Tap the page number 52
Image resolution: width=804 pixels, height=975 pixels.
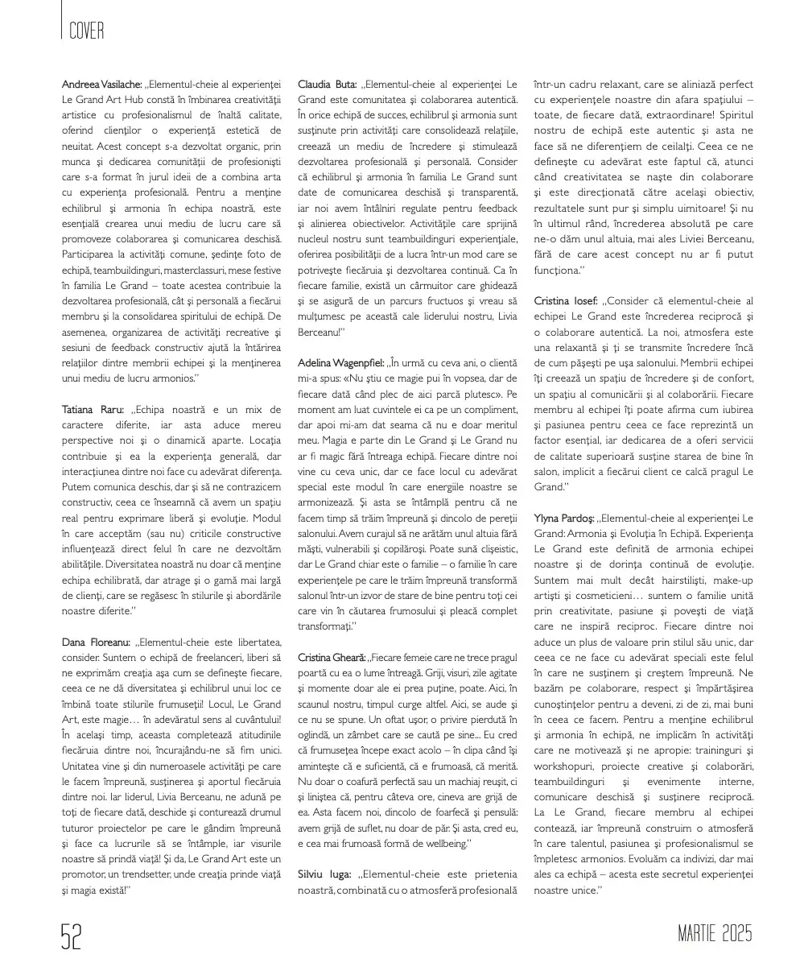pos(72,937)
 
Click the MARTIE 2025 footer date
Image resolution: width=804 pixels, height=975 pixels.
pos(715,935)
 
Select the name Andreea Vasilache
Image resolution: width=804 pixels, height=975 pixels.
pos(102,85)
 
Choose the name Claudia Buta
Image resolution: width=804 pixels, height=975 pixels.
pos(328,85)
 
